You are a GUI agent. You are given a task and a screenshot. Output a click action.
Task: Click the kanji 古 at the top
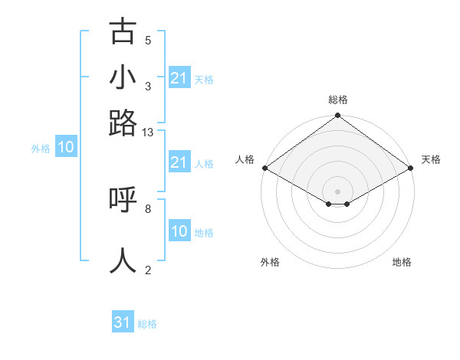click(x=123, y=32)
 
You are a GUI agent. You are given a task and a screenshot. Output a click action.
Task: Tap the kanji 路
click(x=123, y=123)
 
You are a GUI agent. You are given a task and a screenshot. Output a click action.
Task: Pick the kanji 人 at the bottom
click(x=123, y=260)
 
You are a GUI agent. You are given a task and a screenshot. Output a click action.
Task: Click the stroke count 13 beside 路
click(x=148, y=133)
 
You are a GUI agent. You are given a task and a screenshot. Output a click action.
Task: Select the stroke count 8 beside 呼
click(x=147, y=208)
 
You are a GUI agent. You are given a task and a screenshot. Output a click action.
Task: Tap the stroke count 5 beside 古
click(x=147, y=40)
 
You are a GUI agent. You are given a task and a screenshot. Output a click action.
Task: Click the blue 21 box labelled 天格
click(x=179, y=78)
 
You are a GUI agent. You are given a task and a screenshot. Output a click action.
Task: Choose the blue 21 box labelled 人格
click(x=179, y=162)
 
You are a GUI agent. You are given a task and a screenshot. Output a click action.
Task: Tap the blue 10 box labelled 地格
click(x=179, y=231)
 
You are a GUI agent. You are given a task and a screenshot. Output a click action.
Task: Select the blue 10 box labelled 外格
click(x=66, y=148)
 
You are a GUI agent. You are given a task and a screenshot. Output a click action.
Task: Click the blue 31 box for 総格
click(x=123, y=322)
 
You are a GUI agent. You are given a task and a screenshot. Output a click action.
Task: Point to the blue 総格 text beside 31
click(x=147, y=324)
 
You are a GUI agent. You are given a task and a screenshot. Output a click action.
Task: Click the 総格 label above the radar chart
click(x=337, y=100)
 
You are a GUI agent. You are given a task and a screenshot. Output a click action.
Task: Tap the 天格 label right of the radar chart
click(x=431, y=159)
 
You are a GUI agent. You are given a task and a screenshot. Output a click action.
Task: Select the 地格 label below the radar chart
click(x=402, y=262)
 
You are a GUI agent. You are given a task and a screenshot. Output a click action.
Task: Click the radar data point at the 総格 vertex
click(x=337, y=116)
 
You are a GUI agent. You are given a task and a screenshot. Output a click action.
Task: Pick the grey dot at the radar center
click(x=337, y=191)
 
